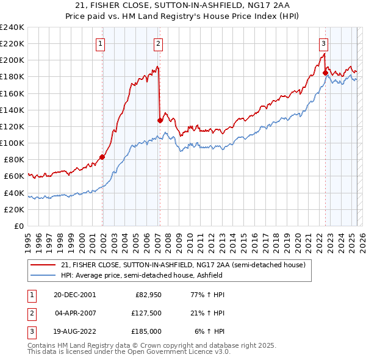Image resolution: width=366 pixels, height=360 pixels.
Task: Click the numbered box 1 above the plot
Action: (100, 43)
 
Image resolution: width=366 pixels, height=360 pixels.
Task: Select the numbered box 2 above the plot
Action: (158, 43)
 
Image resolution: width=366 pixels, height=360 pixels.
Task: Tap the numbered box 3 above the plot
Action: (323, 43)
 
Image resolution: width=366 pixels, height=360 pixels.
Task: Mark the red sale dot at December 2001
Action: (102, 157)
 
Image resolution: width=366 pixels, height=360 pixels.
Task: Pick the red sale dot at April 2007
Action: (160, 120)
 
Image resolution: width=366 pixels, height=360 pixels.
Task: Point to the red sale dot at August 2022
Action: (325, 73)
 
